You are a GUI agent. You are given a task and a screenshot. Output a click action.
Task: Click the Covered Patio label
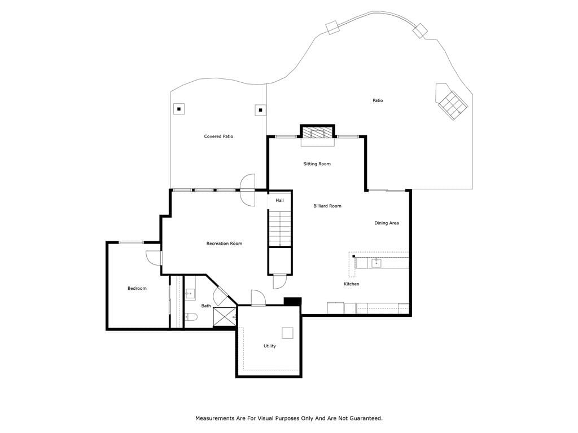(218, 136)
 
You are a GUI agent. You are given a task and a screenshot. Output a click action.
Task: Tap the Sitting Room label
(317, 164)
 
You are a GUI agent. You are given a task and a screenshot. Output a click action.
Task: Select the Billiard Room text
(327, 206)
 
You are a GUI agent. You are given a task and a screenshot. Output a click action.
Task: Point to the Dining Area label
(386, 223)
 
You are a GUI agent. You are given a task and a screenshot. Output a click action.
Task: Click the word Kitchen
(351, 284)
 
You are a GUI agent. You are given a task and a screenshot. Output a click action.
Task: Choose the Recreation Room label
(224, 244)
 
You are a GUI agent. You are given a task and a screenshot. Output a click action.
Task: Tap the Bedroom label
(137, 288)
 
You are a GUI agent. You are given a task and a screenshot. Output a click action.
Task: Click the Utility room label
(269, 346)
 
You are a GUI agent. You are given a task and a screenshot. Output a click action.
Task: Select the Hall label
(280, 200)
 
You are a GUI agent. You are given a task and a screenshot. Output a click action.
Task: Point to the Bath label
(206, 306)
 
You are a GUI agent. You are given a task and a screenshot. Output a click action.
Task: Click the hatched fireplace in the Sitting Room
(317, 132)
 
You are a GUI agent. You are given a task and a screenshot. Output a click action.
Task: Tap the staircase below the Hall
(280, 228)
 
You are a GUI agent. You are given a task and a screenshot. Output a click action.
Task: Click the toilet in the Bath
(191, 316)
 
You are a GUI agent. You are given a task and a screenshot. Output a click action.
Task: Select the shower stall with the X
(224, 317)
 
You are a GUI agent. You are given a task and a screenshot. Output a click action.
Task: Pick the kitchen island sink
(376, 263)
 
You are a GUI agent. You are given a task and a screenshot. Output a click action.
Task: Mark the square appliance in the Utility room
(287, 333)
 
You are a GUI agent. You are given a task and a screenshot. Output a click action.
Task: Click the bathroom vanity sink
(190, 294)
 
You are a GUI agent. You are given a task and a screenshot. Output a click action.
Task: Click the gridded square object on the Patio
(453, 104)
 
